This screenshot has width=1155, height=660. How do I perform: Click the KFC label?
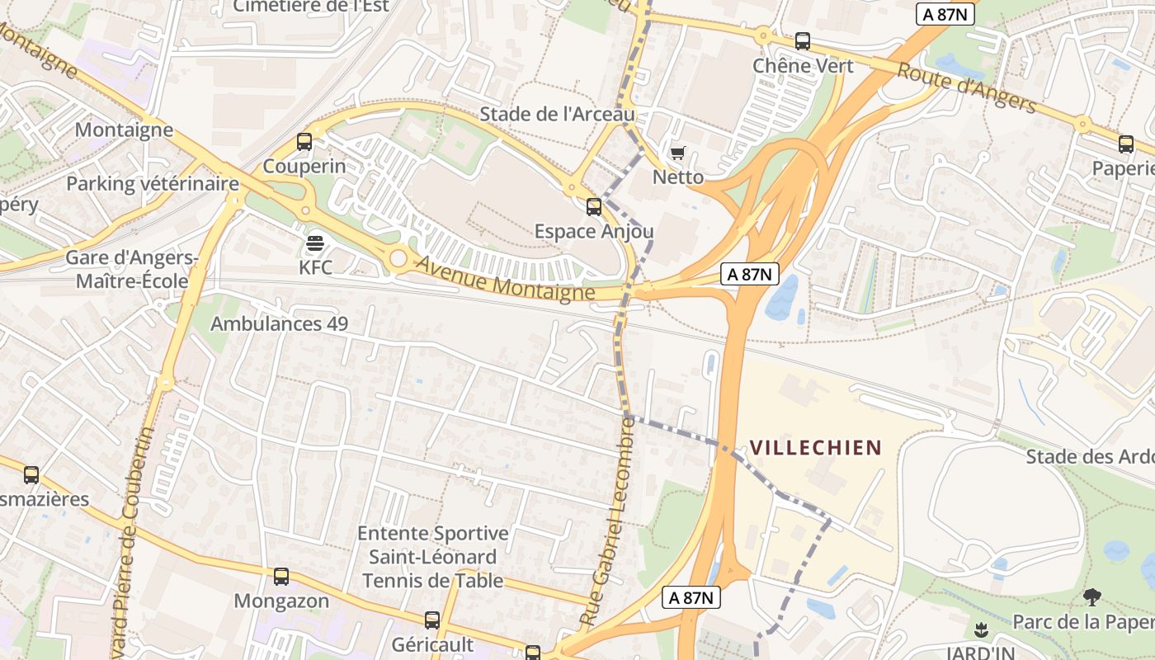315,268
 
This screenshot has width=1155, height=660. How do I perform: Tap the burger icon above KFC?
315,243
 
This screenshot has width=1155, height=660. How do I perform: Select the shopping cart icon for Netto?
678,153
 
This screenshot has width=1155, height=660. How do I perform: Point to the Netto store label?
678,177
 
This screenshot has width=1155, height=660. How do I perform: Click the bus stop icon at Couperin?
304,142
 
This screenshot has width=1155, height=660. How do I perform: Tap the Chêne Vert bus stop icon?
803,41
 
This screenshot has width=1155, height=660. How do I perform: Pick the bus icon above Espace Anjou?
594,207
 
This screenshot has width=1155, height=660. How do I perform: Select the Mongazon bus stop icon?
281,577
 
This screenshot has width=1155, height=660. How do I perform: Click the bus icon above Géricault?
432,620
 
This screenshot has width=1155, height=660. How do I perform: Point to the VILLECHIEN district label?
815,448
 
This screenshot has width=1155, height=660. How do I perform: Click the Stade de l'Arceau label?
558,114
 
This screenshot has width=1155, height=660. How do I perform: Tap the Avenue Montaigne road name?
505,279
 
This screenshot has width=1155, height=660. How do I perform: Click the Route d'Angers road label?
966,87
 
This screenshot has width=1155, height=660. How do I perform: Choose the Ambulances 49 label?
280,323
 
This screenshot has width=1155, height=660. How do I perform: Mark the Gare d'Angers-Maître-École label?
132,270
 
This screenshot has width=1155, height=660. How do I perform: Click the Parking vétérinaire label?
153,184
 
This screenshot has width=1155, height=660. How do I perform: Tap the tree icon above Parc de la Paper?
1092,597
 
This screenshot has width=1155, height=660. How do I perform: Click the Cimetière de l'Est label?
310,7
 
